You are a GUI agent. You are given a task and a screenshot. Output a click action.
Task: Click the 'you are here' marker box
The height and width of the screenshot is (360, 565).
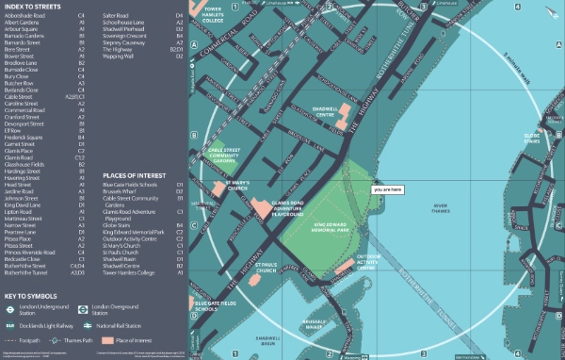coord(387,189)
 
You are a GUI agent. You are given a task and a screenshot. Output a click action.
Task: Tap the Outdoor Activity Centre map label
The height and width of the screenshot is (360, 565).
coord(369,261)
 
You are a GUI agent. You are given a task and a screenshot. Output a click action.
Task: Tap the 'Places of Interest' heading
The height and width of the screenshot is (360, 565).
coord(129,175)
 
